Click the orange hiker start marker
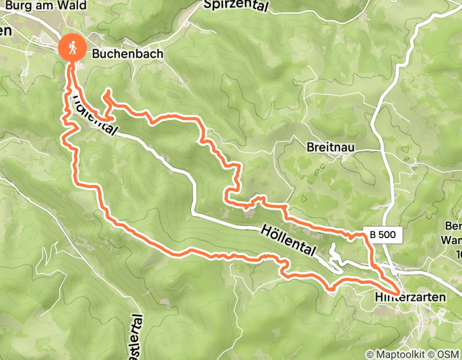72,47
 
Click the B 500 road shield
383,235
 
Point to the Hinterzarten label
410,297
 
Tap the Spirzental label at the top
236,6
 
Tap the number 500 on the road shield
387,235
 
